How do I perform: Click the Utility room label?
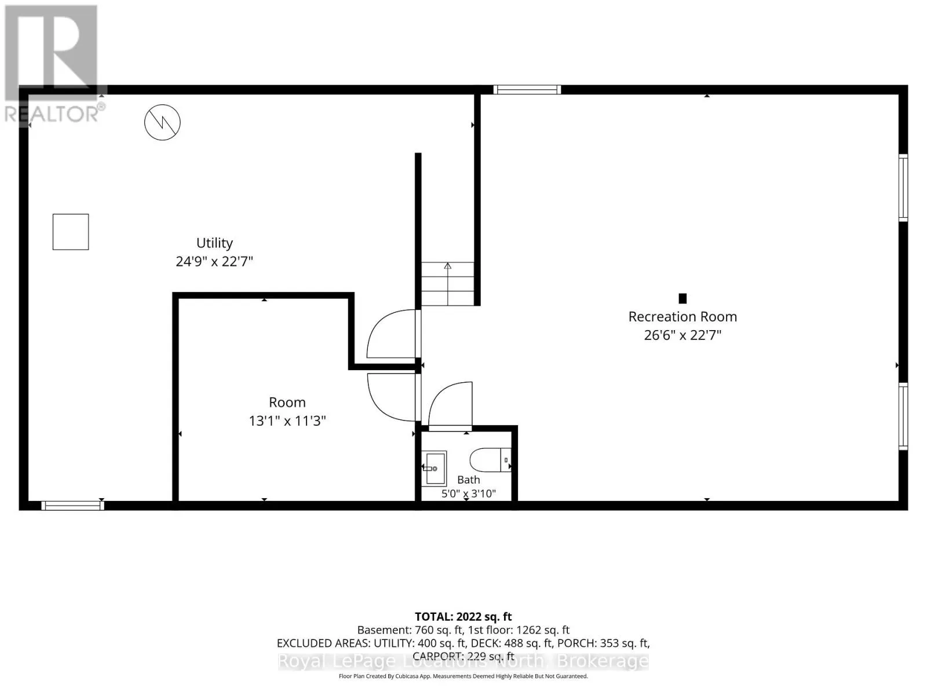point(214,243)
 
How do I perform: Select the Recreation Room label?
point(682,317)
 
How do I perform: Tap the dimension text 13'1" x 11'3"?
point(287,420)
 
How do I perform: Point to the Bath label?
point(468,480)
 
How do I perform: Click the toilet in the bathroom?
point(490,460)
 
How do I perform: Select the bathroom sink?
point(434,469)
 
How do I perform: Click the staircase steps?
point(448,284)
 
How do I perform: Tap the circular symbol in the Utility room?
point(162,122)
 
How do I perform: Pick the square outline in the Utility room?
point(71,232)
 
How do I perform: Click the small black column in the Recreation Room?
point(682,298)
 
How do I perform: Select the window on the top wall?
point(527,89)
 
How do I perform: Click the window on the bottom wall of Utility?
point(72,506)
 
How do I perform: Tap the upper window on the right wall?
point(903,188)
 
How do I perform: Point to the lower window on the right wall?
point(903,416)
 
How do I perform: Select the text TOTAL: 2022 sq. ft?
point(463,617)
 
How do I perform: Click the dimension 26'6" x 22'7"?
point(683,335)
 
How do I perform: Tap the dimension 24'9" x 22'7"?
point(214,262)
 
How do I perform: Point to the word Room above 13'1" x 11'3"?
point(287,402)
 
